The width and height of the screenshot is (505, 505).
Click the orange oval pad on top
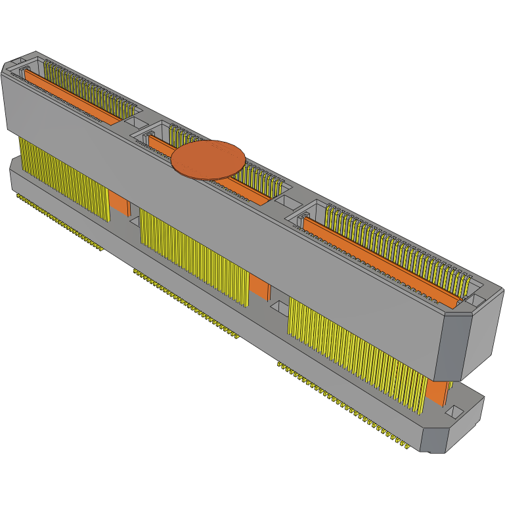tap(208, 160)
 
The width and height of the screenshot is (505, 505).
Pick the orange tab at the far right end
tap(437, 393)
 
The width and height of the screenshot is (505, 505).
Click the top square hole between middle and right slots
tap(287, 202)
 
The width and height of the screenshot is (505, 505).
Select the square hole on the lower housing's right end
tap(456, 412)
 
